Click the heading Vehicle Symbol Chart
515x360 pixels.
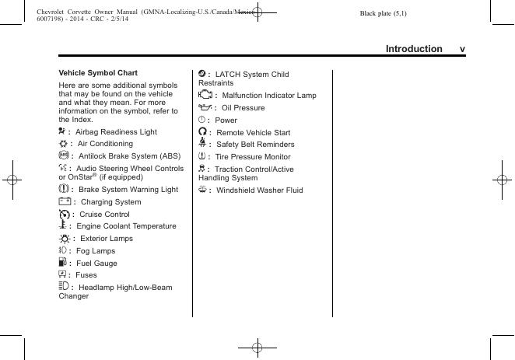pyautogui.click(x=98, y=73)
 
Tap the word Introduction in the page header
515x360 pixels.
pyautogui.click(x=414, y=49)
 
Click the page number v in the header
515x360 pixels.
pyautogui.click(x=462, y=49)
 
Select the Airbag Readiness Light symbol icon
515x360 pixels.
pyautogui.click(x=62, y=131)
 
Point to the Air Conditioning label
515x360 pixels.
pyautogui.click(x=105, y=144)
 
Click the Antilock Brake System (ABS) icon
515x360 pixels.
pyautogui.click(x=63, y=156)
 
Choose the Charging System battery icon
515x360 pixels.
pyautogui.click(x=64, y=201)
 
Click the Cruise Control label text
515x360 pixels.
pyautogui.click(x=104, y=214)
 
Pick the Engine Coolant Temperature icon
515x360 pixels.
pyautogui.click(x=62, y=225)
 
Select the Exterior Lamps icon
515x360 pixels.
pyautogui.click(x=64, y=238)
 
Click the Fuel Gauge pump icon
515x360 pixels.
pyautogui.click(x=62, y=263)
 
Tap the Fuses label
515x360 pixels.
pyautogui.click(x=86, y=275)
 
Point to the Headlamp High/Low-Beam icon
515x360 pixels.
pyautogui.click(x=64, y=287)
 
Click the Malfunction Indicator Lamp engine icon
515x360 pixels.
pyautogui.click(x=205, y=95)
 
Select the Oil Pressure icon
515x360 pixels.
pyautogui.click(x=205, y=107)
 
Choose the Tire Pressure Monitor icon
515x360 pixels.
pyautogui.click(x=202, y=156)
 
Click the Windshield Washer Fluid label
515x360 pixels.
pyautogui.click(x=260, y=190)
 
